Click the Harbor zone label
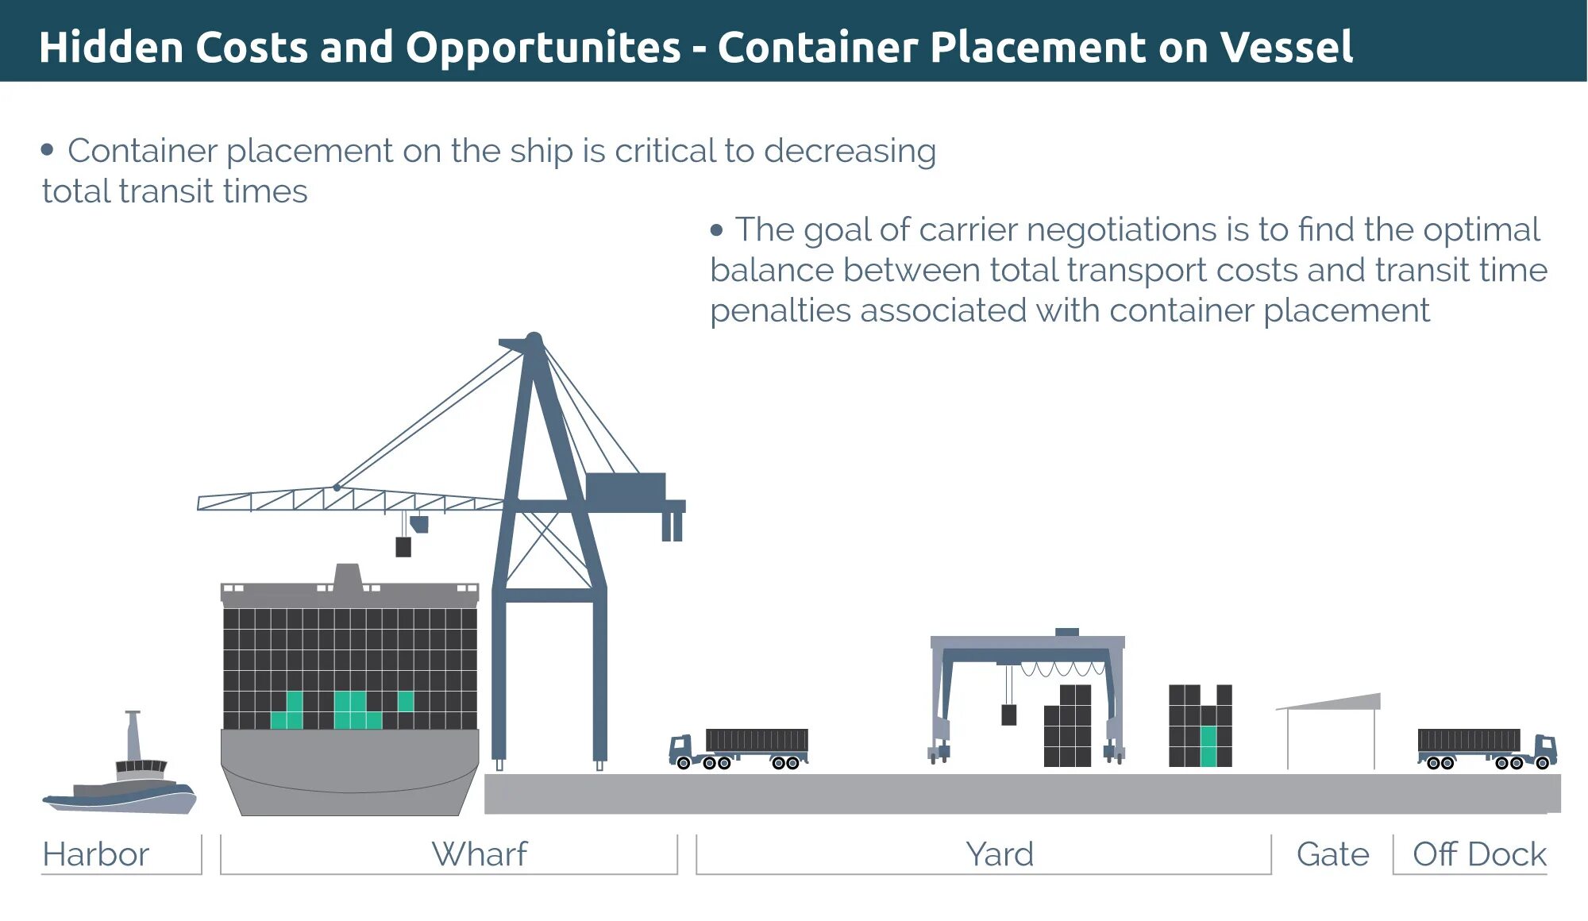point(95,854)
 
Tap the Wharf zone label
point(479,854)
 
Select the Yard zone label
point(999,854)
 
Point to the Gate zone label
point(1332,854)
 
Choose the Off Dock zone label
point(1479,854)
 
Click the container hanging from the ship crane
point(403,546)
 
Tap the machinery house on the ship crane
point(625,486)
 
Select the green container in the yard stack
point(1208,746)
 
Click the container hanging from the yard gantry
point(1008,715)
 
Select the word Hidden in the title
point(111,47)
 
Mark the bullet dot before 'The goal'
point(717,230)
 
